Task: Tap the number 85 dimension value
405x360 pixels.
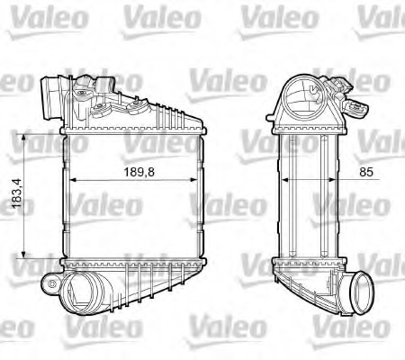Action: click(x=338, y=168)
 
